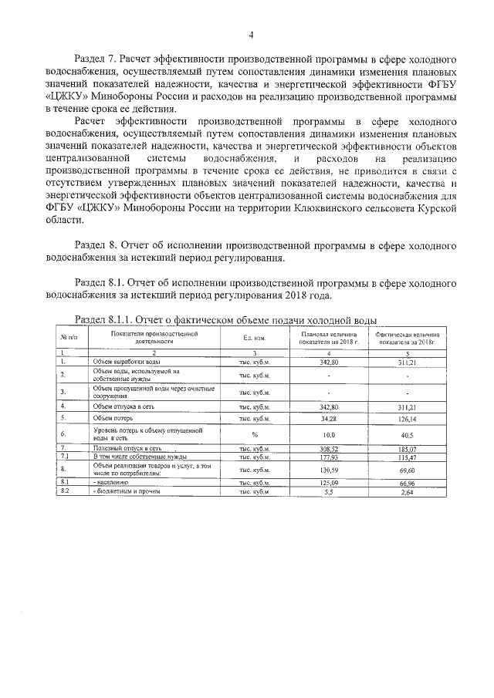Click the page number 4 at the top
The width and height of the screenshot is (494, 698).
point(251,35)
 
